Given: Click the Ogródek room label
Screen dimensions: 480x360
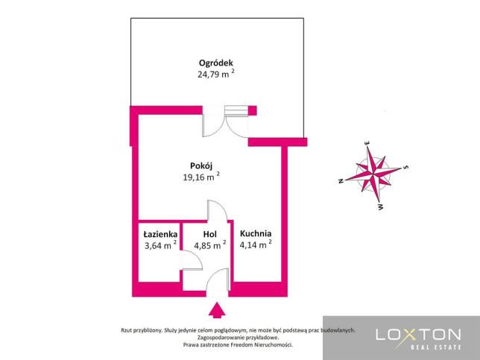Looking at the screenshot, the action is tap(216, 63).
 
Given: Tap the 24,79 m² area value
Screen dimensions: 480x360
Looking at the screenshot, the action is tap(216, 74).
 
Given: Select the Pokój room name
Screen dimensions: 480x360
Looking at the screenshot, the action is tap(201, 166).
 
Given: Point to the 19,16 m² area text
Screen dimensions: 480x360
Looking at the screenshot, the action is tap(201, 177).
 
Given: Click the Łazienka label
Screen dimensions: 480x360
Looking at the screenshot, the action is tap(160, 235).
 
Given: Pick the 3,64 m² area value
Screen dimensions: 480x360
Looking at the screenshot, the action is tap(160, 245).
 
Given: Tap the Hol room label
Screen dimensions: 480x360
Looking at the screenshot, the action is tap(210, 235).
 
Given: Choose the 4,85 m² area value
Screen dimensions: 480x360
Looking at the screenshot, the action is tap(210, 245).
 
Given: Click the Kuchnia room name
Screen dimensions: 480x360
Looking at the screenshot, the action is tap(256, 233).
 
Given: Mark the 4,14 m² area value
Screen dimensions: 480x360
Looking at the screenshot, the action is tap(256, 244).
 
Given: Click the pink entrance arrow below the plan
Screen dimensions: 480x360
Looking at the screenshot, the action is tap(217, 310).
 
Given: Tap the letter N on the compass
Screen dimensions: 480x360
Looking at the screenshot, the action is tap(341, 181).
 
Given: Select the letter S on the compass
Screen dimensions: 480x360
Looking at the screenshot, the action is tap(406, 167).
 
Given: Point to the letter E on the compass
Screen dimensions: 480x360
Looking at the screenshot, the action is tap(367, 143).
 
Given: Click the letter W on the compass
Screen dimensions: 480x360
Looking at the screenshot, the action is tap(381, 207).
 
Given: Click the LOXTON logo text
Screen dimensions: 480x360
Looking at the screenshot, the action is tap(418, 335).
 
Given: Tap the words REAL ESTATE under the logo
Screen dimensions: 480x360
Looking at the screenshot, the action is tap(435, 347).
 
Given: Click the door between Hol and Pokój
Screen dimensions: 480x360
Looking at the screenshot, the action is tap(218, 210).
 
